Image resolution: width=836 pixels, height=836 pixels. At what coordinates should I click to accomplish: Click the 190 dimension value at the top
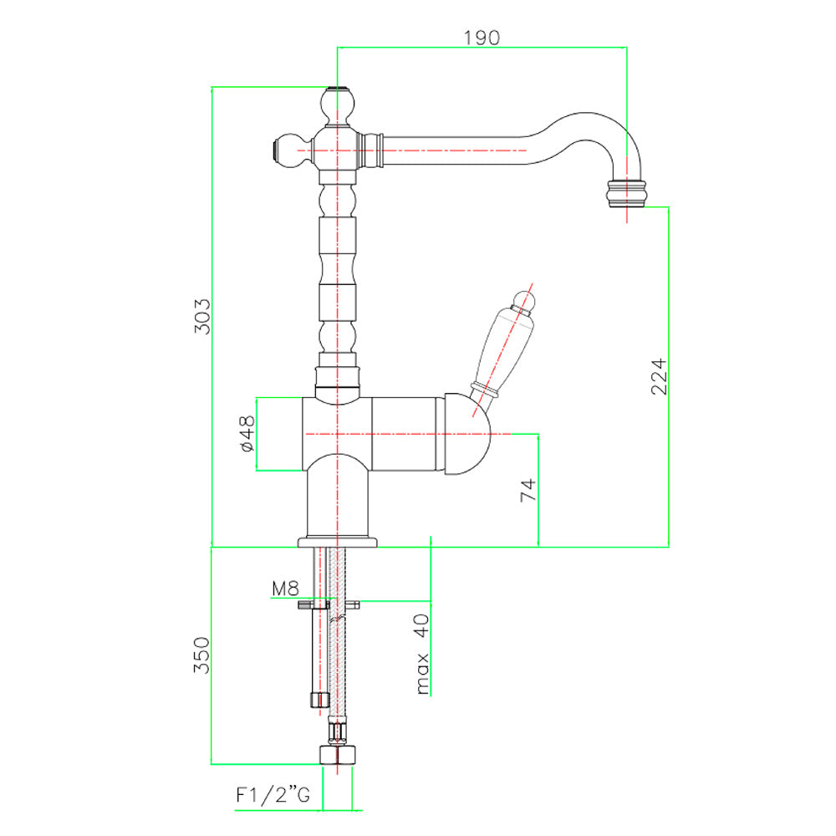482,38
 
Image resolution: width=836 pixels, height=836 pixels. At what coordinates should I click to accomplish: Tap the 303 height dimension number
202,317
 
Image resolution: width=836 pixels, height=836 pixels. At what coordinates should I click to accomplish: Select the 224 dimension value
659,376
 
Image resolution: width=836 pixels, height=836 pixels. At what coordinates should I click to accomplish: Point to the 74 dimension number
528,490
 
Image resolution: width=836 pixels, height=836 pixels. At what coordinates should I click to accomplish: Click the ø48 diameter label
247,435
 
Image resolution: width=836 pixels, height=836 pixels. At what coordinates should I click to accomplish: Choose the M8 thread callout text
285,589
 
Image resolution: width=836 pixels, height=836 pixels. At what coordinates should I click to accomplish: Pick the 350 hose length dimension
201,655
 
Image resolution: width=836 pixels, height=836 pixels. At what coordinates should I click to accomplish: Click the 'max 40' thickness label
421,655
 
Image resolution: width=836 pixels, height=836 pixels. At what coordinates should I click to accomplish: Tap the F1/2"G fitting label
273,795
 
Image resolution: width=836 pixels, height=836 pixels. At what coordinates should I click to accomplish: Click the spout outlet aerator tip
626,194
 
